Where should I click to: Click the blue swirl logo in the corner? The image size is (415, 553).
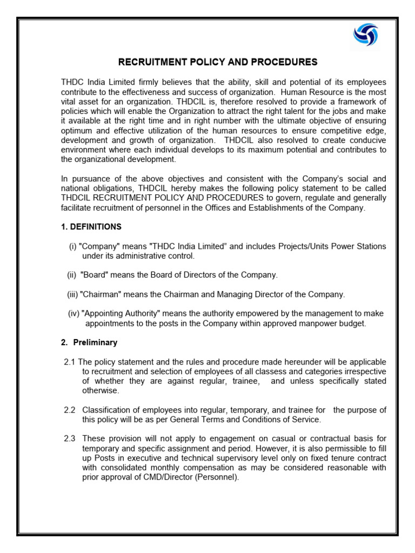(x=366, y=35)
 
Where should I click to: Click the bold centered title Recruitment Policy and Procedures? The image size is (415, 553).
(x=218, y=62)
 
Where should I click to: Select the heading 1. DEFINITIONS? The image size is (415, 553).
(x=91, y=226)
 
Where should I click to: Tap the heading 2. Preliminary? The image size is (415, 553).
(x=89, y=342)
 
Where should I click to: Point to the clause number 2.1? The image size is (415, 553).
(x=70, y=362)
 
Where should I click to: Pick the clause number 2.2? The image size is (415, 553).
(x=70, y=410)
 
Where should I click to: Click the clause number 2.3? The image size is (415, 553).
(x=70, y=439)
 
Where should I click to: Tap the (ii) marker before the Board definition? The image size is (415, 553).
(x=72, y=275)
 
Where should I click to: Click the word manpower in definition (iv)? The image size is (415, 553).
(x=316, y=323)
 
